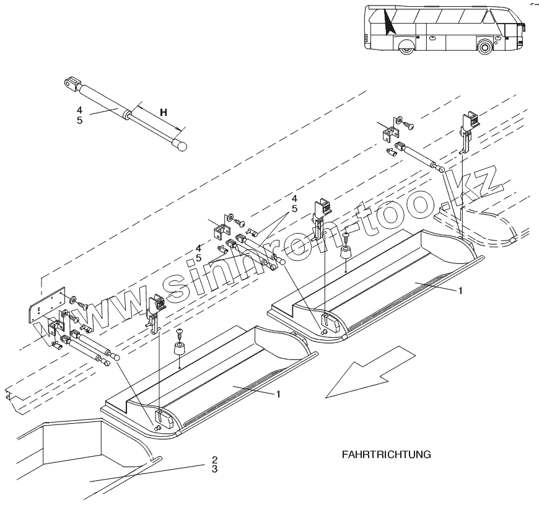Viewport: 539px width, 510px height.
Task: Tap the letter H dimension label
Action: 164,112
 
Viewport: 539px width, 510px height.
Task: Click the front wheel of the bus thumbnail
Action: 485,46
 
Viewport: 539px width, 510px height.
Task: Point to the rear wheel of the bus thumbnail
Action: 406,47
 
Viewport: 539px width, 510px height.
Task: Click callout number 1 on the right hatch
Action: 458,289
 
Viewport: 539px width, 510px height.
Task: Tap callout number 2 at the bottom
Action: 214,460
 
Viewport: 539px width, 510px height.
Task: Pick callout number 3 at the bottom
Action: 214,469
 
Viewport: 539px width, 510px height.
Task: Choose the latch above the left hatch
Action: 156,306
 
